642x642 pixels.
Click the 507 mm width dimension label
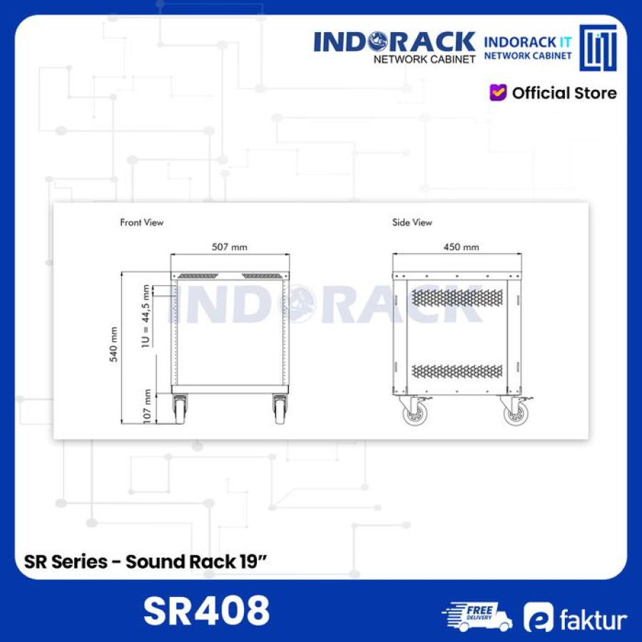click(230, 247)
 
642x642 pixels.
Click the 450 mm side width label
click(462, 247)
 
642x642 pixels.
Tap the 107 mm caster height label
click(148, 407)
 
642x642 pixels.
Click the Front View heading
click(141, 223)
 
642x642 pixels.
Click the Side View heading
click(412, 223)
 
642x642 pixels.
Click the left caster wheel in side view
click(414, 414)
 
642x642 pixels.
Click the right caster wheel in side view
click(514, 414)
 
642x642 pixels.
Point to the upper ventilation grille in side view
click(457, 297)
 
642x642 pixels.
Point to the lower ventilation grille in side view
click(457, 372)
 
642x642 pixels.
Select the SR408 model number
click(207, 611)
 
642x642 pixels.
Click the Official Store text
click(564, 93)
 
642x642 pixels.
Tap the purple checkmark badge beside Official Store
click(498, 93)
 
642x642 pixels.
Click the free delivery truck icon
click(476, 616)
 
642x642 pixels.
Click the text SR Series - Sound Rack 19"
click(146, 561)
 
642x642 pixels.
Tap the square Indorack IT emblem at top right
click(598, 48)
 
